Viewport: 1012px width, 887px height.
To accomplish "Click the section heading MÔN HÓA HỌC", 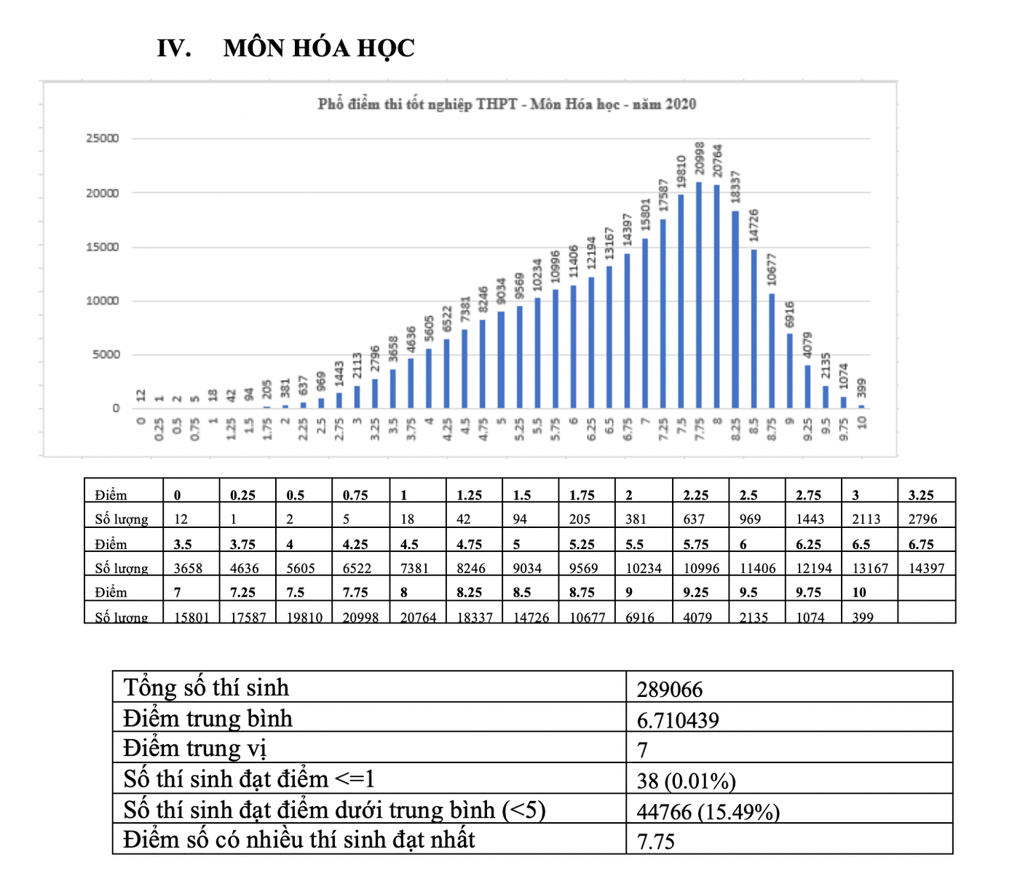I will [x=319, y=48].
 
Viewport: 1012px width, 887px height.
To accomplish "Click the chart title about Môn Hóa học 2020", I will [x=507, y=104].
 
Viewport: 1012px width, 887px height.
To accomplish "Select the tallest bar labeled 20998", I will [x=699, y=295].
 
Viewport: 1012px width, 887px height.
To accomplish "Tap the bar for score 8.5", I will [x=754, y=329].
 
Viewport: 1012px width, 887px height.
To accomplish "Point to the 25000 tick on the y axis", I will [x=103, y=138].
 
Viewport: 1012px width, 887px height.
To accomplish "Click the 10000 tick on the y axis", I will [x=103, y=301].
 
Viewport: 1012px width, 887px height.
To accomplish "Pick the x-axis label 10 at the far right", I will [x=862, y=422].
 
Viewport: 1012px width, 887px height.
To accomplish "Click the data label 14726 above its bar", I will [x=754, y=225].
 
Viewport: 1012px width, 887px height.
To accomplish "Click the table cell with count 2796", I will [x=922, y=519].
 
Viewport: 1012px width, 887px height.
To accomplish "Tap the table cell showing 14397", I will [x=926, y=568].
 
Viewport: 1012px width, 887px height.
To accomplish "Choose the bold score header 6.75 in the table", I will [x=921, y=544].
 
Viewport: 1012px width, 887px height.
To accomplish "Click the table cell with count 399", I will [x=863, y=617].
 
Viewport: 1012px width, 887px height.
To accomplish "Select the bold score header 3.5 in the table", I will [x=183, y=544].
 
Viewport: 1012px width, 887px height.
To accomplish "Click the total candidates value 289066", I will [x=670, y=689].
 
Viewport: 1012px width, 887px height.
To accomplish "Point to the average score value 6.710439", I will [x=678, y=720].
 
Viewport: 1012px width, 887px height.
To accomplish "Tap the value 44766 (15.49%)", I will [x=708, y=811].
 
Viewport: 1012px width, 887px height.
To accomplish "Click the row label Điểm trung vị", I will [x=195, y=749].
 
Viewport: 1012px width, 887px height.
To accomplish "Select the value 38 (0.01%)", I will [x=686, y=781].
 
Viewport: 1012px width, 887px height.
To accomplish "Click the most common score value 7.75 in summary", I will [x=655, y=841].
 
